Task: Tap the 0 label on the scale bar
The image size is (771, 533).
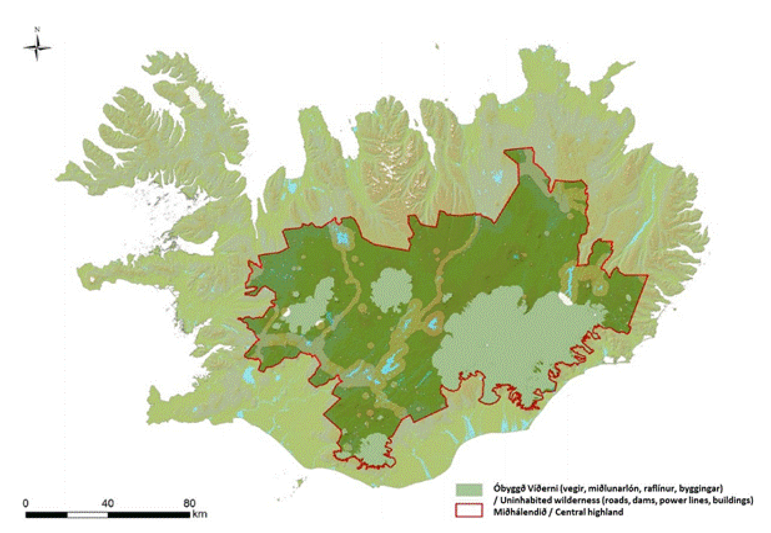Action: click(x=26, y=503)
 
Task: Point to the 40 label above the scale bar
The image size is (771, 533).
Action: click(x=107, y=503)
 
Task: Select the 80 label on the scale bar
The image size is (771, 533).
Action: click(x=189, y=503)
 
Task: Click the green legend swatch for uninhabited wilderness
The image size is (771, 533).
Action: click(x=469, y=490)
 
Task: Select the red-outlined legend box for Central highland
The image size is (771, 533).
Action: click(x=469, y=510)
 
